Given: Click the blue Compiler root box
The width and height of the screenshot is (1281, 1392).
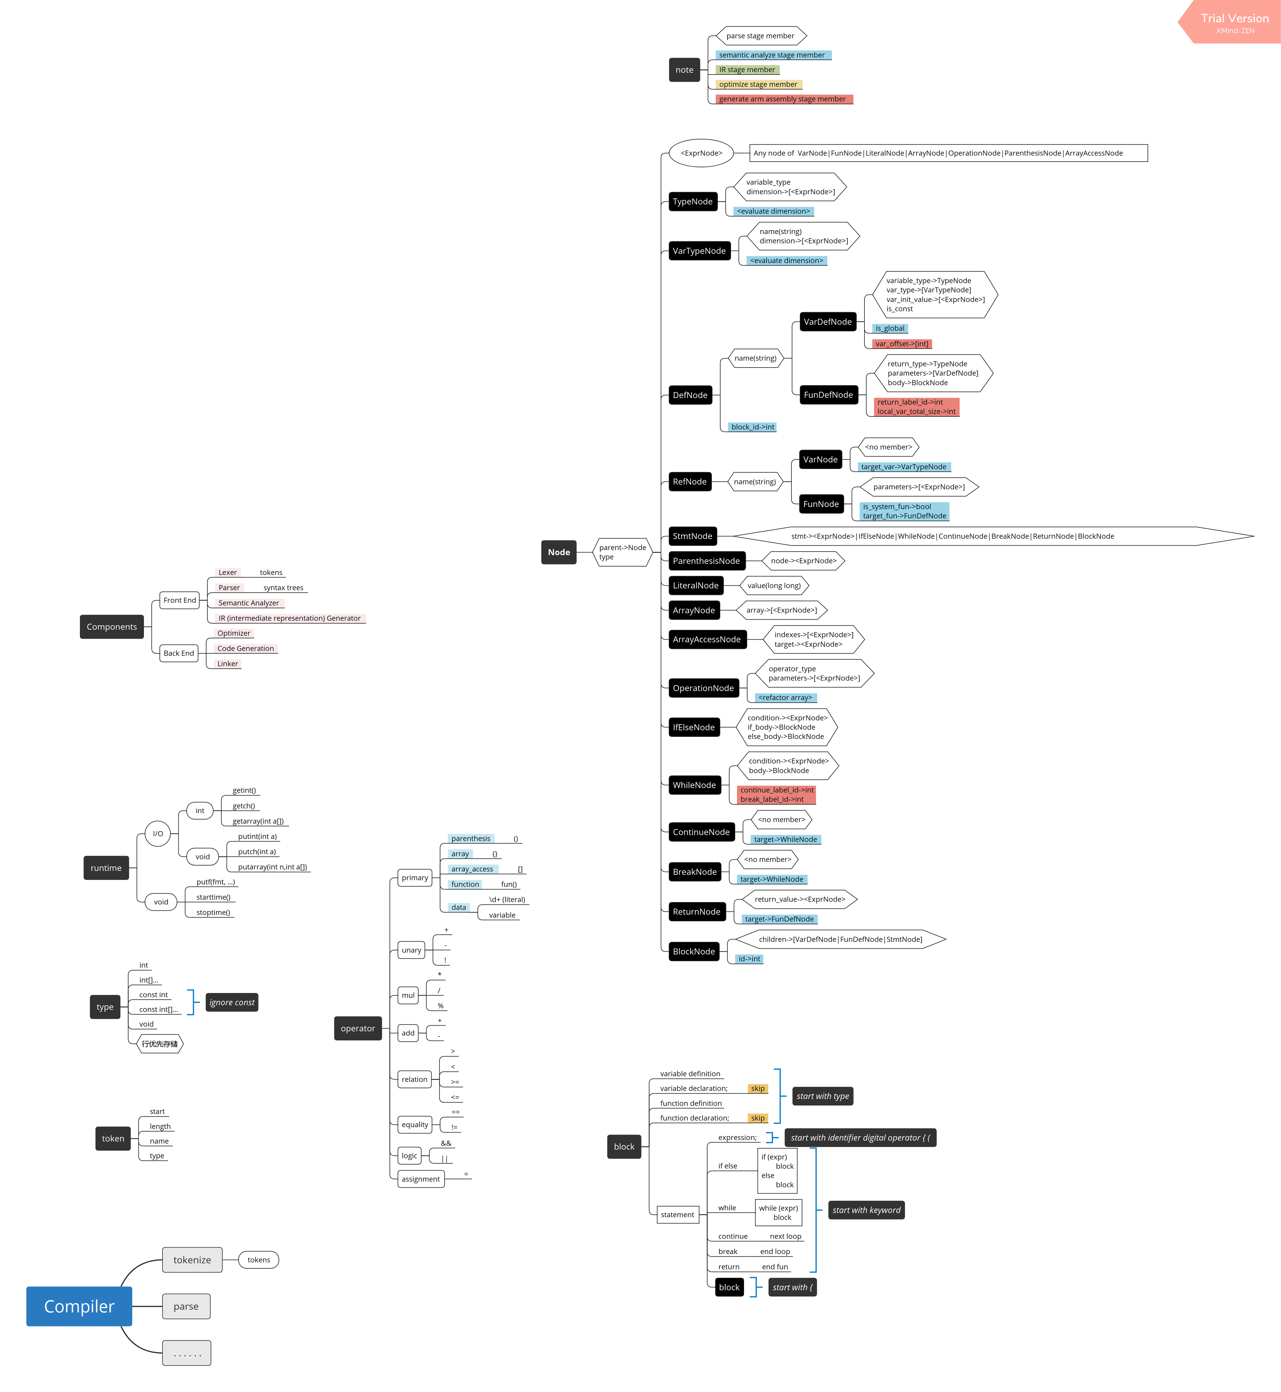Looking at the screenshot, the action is pyautogui.click(x=79, y=1306).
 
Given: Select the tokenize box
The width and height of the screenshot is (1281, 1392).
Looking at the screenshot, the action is pyautogui.click(x=192, y=1260).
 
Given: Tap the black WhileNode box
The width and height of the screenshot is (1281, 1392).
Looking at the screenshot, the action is pyautogui.click(x=694, y=785).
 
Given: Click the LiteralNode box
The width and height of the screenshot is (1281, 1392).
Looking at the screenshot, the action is pyautogui.click(x=695, y=585).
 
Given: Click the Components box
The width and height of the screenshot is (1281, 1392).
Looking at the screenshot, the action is pyautogui.click(x=112, y=627).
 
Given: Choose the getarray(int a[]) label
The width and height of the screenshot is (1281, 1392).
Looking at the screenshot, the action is pyautogui.click(x=258, y=821).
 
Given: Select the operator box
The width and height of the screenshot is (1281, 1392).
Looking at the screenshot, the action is pyautogui.click(x=358, y=1028).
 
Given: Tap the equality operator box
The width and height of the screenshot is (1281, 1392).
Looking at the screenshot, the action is pyautogui.click(x=414, y=1124).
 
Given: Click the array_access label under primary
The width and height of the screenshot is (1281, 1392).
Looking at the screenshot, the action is pyautogui.click(x=472, y=869).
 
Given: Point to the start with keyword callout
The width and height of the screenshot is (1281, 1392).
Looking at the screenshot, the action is pyautogui.click(x=867, y=1210).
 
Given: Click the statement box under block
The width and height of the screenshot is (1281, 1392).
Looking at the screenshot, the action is pyautogui.click(x=677, y=1215).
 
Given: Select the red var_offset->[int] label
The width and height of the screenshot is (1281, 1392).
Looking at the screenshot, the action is pyautogui.click(x=901, y=344).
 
